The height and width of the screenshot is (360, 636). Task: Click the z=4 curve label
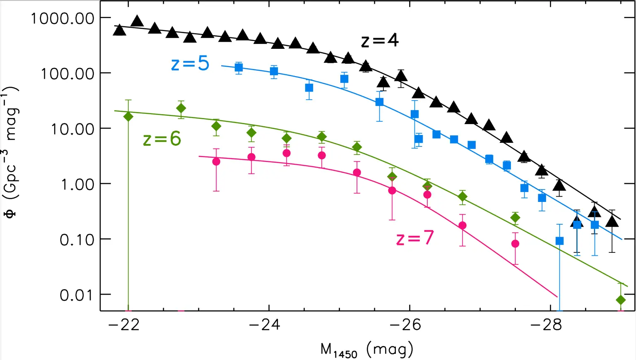pos(380,41)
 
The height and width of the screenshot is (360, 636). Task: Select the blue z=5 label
pos(190,63)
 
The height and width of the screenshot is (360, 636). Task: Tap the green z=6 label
pos(162,139)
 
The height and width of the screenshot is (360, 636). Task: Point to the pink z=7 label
pos(415,238)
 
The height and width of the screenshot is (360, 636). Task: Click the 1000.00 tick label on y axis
pos(63,18)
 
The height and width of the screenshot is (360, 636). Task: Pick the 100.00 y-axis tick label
pos(67,74)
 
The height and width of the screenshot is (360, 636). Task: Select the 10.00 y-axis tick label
pos(72,129)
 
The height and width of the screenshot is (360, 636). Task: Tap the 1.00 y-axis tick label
pos(77,185)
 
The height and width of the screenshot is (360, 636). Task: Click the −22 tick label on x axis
pos(124,325)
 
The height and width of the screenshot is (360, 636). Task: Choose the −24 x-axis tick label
pos(264,325)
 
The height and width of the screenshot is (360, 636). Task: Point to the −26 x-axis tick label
pos(405,325)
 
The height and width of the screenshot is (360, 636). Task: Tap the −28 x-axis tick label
pos(546,325)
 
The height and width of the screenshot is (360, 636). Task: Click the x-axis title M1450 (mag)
pos(367,350)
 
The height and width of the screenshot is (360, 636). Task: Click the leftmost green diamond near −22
pos(128,116)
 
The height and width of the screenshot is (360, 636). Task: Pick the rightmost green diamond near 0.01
pos(620,300)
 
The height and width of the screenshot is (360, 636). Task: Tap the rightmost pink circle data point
pos(515,244)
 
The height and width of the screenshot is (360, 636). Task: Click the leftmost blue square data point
pos(238,67)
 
